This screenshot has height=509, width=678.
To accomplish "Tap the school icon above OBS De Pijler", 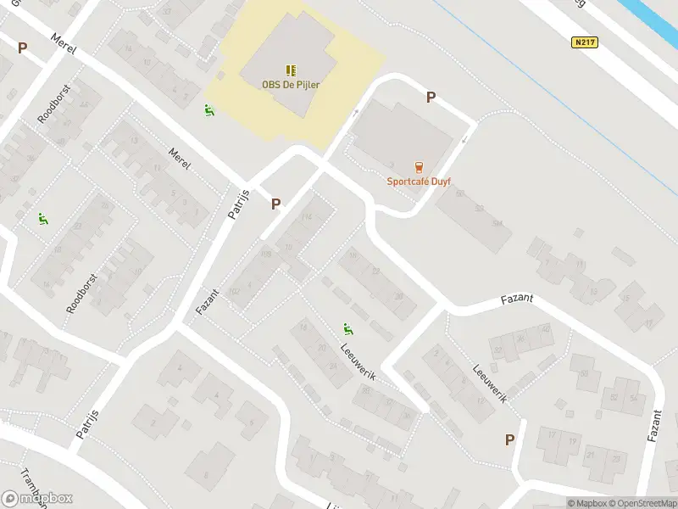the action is [291, 70].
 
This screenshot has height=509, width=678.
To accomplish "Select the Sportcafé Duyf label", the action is [417, 180].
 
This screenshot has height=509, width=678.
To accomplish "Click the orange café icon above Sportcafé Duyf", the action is [417, 166].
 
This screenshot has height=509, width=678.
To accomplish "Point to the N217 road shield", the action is [581, 42].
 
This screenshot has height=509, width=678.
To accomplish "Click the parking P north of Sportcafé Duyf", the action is [431, 98].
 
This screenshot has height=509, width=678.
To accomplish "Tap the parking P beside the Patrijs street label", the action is [275, 204].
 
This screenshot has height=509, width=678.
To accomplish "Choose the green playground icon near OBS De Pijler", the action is [208, 109].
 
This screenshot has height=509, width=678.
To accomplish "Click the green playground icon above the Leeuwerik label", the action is [347, 328].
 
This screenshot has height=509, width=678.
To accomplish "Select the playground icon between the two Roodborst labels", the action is [42, 219].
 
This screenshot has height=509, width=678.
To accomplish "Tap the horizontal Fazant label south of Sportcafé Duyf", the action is [517, 299].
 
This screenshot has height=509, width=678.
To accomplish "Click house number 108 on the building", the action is [266, 254].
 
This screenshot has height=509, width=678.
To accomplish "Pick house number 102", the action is [235, 291].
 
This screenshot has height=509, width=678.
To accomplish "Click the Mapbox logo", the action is [37, 498].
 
